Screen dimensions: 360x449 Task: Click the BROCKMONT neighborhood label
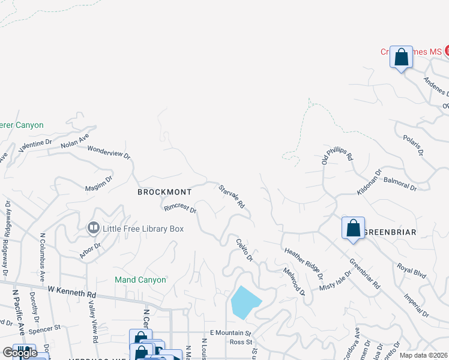click(164, 192)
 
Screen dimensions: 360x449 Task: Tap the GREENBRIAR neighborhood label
click(391, 232)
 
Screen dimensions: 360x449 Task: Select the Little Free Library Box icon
click(93, 228)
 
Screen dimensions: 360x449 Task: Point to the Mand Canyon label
click(140, 280)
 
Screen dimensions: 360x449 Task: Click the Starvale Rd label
click(232, 196)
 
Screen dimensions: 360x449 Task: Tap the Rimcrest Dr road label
click(180, 209)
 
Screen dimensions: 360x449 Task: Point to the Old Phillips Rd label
click(336, 154)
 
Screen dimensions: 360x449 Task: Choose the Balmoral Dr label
click(400, 184)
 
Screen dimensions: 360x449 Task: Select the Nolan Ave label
click(74, 141)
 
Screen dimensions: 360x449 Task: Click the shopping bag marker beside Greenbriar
click(353, 228)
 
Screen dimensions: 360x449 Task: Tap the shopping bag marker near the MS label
click(401, 58)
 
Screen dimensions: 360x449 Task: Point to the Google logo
click(20, 353)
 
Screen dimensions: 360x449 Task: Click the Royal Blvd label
click(411, 271)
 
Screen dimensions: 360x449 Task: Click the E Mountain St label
click(229, 333)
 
